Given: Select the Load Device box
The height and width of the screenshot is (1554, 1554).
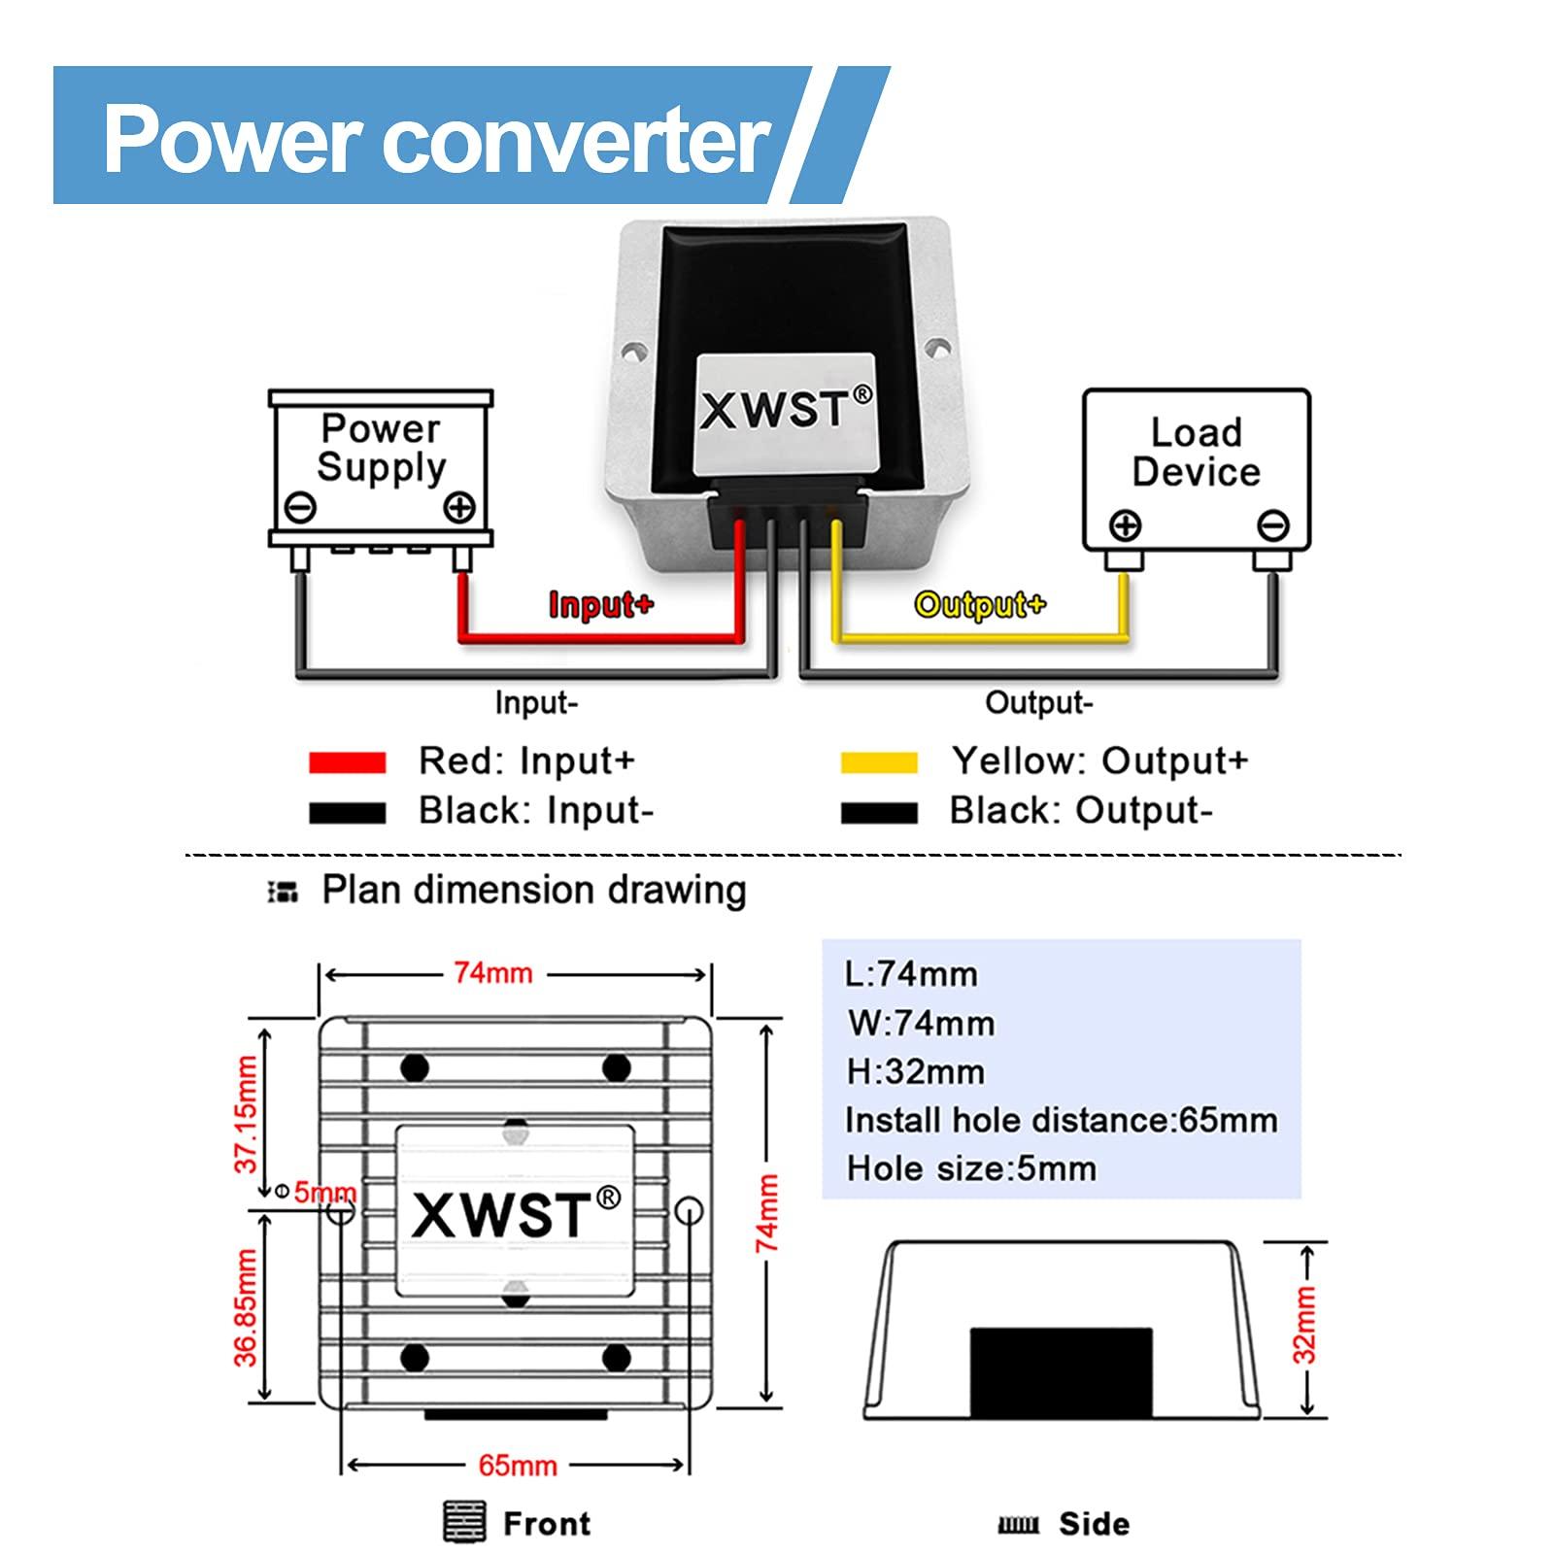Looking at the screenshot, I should [x=1196, y=470].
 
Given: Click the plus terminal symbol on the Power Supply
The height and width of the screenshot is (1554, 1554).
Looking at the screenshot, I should [x=458, y=507].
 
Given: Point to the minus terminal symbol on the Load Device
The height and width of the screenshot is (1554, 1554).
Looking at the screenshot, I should [x=1272, y=525].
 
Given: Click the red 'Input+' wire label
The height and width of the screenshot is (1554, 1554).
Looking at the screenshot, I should [x=600, y=605].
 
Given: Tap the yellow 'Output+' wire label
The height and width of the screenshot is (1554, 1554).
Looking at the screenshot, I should [x=979, y=605].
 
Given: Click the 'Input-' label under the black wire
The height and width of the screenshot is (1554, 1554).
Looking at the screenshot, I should [x=535, y=702].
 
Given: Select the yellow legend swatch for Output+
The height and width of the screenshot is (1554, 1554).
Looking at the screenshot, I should [x=879, y=762].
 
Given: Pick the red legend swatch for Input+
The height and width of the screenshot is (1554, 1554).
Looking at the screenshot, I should [x=347, y=762].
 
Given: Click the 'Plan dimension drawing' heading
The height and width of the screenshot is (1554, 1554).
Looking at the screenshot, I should [x=533, y=890].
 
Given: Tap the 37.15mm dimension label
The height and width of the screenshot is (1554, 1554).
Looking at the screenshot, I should [x=247, y=1114].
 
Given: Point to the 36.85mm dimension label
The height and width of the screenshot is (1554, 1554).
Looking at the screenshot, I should [x=247, y=1306].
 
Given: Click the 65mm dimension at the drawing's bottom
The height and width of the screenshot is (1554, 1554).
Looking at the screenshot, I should [x=518, y=1465].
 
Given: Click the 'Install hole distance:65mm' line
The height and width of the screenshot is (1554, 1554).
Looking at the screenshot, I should [x=1061, y=1120].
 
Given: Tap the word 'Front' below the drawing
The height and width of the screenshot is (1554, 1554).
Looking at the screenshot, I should [x=546, y=1523].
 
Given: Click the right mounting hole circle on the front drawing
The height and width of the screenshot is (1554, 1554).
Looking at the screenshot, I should [x=688, y=1211].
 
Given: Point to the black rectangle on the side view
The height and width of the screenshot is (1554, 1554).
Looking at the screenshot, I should [x=1061, y=1371].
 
